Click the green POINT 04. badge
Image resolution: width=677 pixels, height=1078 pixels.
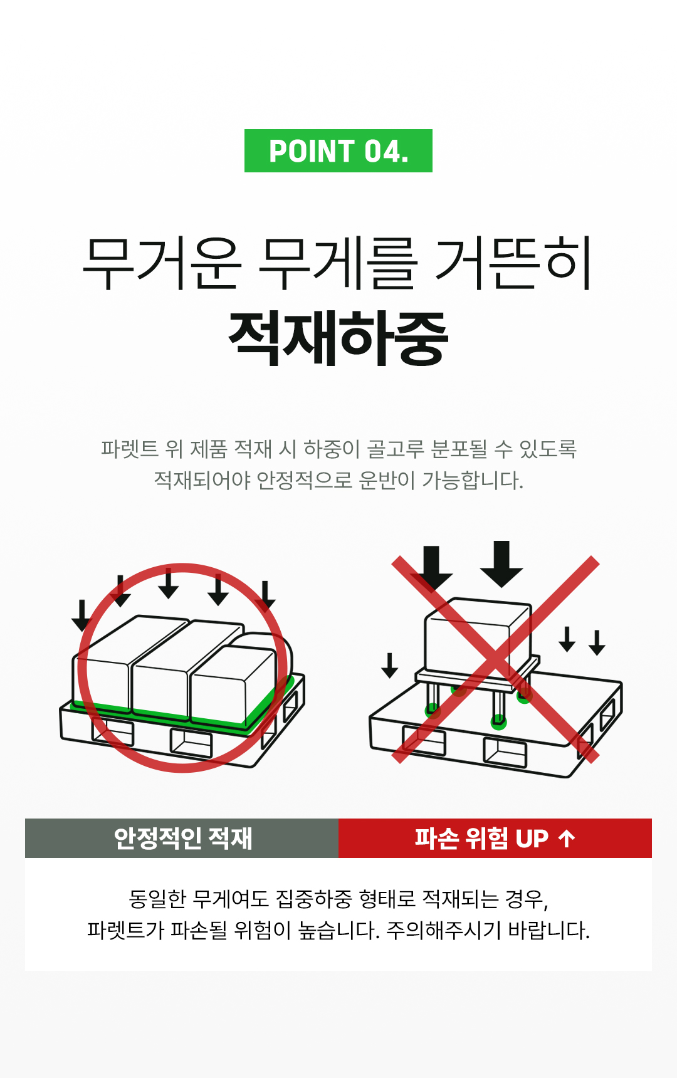338,150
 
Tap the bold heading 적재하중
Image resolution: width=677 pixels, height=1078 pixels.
338,338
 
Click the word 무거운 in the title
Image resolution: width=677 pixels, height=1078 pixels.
162,263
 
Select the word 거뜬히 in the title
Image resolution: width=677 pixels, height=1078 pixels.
514,263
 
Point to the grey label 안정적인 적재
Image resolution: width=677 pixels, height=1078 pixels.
182,838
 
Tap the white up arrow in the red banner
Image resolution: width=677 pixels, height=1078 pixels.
567,838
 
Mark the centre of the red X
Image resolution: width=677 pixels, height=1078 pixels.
495,659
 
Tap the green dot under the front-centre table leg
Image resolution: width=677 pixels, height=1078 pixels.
498,722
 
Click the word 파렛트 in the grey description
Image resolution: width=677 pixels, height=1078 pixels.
129,449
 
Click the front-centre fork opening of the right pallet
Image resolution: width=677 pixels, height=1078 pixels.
505,753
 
